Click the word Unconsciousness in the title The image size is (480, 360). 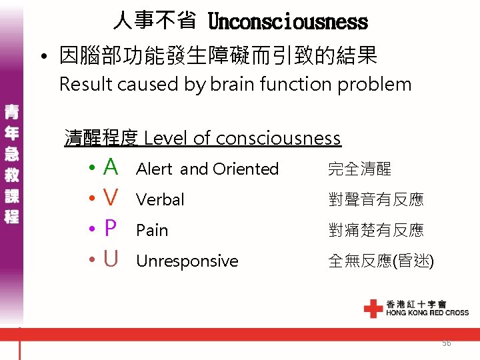287,22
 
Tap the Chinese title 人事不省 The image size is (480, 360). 155,21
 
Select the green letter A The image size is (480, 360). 111,167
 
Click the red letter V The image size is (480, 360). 111,198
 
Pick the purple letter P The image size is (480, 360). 111,229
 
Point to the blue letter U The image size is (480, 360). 111,259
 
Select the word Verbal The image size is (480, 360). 160,199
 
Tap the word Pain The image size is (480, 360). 152,231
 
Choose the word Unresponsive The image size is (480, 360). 187,261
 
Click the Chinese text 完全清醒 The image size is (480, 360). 359,169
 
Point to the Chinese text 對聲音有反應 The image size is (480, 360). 375,199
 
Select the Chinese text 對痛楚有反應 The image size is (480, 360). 375,231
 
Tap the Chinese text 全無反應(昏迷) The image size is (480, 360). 381,261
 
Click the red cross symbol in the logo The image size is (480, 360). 373,307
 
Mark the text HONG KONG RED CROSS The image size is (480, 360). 427,312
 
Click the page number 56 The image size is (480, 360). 446,343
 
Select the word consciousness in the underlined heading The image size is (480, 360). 278,138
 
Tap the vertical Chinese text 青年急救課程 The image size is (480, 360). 11,163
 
